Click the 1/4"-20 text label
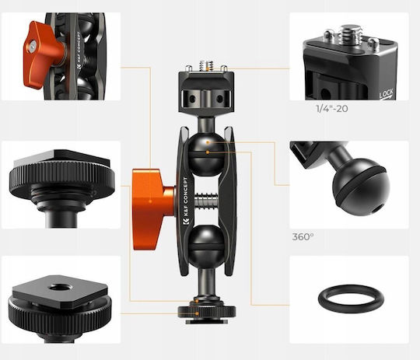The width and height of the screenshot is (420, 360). [x=332, y=109]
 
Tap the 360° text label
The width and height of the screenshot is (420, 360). [x=303, y=237]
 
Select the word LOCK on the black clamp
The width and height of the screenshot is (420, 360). [x=387, y=94]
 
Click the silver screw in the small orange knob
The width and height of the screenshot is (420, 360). [x=33, y=47]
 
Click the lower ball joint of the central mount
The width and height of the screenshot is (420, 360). [x=206, y=246]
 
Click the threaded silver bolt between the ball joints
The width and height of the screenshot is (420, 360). [x=206, y=201]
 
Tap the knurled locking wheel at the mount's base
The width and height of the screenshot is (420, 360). [x=207, y=312]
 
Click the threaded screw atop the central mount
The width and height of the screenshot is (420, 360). [x=206, y=66]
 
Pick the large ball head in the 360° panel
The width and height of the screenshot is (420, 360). [x=361, y=187]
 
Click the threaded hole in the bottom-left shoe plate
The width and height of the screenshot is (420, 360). [x=60, y=288]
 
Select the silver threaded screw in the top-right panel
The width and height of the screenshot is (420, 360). [x=350, y=34]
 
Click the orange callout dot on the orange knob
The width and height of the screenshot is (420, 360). [x=150, y=201]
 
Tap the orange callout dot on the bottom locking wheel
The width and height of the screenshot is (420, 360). [x=198, y=313]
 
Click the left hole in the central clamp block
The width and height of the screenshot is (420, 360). [x=192, y=100]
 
